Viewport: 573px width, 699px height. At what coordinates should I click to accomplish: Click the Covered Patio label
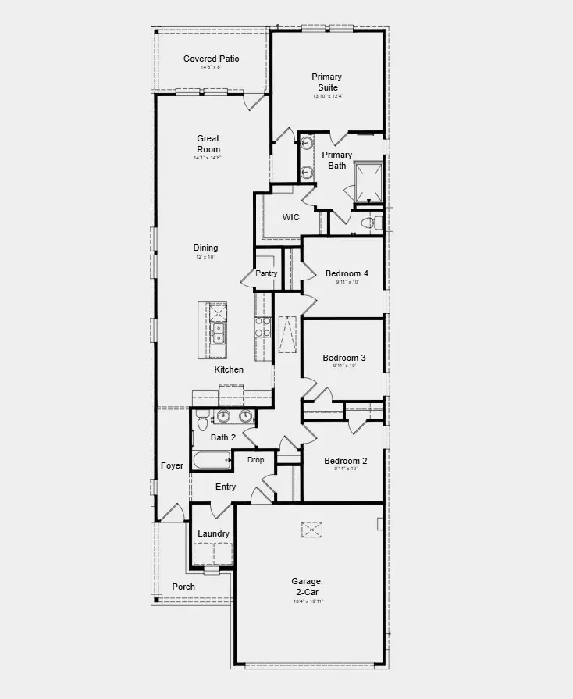click(x=211, y=59)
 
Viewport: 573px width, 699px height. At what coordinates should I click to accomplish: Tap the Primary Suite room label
click(x=326, y=82)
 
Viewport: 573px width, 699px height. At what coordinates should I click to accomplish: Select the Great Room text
click(x=208, y=144)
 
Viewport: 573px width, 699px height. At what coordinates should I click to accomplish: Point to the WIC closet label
click(x=290, y=217)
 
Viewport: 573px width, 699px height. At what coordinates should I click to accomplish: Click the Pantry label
click(x=266, y=273)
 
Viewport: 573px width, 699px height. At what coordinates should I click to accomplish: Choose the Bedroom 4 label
click(x=347, y=273)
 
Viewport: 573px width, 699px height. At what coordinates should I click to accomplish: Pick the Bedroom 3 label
click(x=344, y=358)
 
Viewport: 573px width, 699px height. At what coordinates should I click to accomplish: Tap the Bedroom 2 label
click(x=346, y=461)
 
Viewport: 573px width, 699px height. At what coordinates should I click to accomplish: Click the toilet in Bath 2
click(x=201, y=421)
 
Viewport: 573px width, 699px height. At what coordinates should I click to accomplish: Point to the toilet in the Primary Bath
click(x=370, y=223)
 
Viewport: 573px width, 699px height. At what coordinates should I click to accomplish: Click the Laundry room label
click(x=213, y=533)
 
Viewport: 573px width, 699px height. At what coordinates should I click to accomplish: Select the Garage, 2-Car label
click(x=308, y=586)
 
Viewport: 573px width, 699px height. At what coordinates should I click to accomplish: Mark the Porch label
click(x=183, y=587)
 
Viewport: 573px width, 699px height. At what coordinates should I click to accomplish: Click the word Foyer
click(x=172, y=465)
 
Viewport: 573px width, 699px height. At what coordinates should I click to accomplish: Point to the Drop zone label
click(x=256, y=460)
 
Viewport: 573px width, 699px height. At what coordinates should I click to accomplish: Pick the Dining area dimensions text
click(x=206, y=257)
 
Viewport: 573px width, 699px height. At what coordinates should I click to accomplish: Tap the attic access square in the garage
click(x=312, y=530)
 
